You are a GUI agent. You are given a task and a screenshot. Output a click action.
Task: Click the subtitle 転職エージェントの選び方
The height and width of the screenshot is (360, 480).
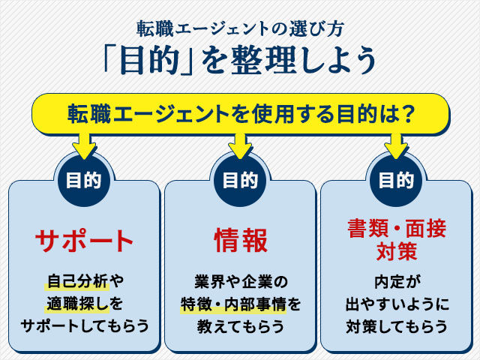pyautogui.click(x=240, y=28)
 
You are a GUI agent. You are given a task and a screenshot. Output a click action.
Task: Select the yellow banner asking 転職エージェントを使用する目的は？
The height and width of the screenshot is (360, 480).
pyautogui.click(x=240, y=114)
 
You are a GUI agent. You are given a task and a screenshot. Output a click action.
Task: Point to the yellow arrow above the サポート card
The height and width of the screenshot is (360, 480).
pyautogui.click(x=84, y=144)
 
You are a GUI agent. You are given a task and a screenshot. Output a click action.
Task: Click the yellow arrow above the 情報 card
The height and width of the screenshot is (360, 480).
pyautogui.click(x=240, y=144)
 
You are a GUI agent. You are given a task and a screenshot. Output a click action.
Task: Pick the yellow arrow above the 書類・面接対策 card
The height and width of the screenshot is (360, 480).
pyautogui.click(x=396, y=144)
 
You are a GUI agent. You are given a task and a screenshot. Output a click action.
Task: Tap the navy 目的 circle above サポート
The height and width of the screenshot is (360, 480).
pyautogui.click(x=84, y=180)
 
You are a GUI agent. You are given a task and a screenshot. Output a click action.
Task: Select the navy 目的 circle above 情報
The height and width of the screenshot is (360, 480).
pyautogui.click(x=240, y=180)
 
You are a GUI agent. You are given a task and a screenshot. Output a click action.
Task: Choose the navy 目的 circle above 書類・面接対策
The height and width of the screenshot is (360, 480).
pyautogui.click(x=396, y=180)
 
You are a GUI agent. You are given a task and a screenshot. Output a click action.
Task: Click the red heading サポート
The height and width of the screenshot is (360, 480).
pyautogui.click(x=84, y=241)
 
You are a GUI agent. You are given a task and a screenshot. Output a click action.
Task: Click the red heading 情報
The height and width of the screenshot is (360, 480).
pyautogui.click(x=240, y=241)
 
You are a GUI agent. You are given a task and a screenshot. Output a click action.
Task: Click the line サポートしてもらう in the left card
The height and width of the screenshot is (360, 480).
pyautogui.click(x=84, y=326)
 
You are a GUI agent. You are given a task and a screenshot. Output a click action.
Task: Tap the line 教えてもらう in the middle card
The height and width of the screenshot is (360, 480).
pyautogui.click(x=240, y=326)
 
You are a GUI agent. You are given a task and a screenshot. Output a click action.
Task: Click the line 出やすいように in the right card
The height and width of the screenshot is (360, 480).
pyautogui.click(x=396, y=304)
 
